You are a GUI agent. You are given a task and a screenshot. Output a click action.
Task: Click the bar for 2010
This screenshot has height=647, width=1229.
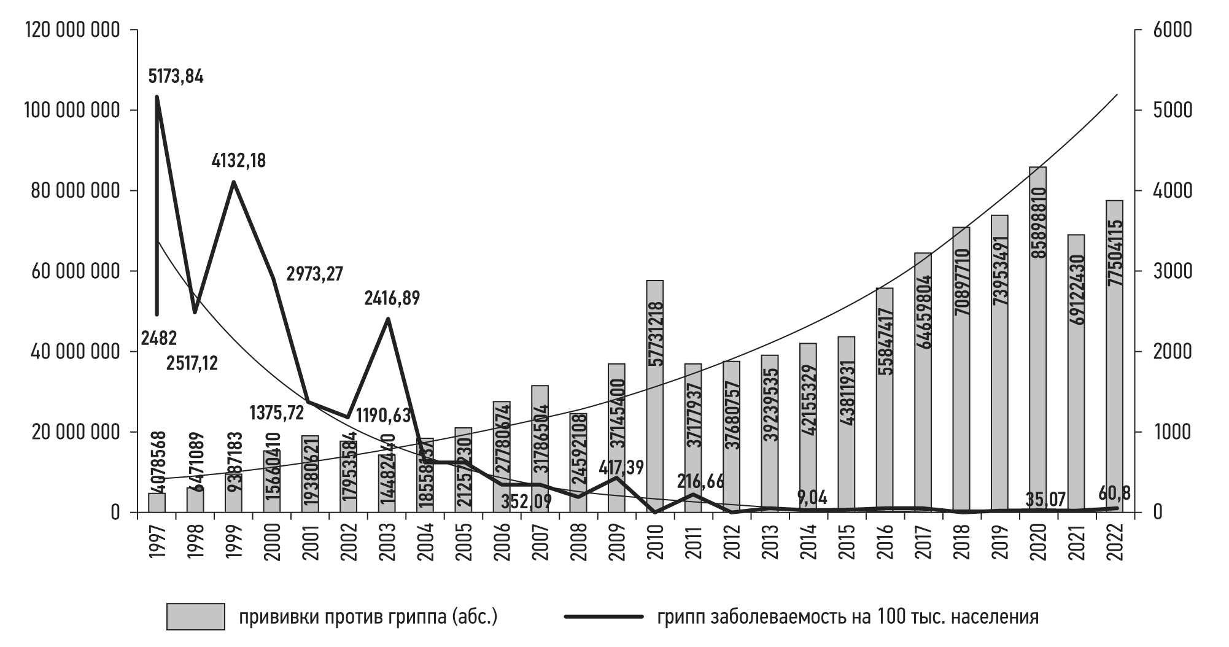[x=654, y=397]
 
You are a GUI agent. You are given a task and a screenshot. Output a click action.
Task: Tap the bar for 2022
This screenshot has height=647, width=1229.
[x=1114, y=356]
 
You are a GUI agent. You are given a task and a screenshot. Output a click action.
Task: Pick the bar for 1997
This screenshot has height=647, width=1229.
[x=157, y=502]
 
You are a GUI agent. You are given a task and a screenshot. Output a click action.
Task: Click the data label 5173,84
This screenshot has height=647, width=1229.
[x=176, y=77]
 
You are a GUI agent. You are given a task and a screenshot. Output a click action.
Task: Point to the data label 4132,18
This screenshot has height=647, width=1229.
[x=239, y=161]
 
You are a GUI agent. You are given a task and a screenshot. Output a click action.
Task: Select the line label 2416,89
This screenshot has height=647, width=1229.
[x=392, y=299]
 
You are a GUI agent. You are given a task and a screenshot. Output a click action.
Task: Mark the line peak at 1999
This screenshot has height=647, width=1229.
[x=233, y=182]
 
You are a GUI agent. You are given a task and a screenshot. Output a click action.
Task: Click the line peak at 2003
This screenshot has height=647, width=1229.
[x=387, y=319]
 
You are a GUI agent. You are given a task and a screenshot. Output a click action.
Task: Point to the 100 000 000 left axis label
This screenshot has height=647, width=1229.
[x=71, y=110]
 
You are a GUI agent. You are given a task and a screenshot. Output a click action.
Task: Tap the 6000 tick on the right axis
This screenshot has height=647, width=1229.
[x=1173, y=30]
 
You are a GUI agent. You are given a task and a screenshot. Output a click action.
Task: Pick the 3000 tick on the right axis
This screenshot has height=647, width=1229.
[x=1173, y=271]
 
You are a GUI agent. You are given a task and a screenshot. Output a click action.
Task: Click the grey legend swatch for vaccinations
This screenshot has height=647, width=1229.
[x=195, y=616]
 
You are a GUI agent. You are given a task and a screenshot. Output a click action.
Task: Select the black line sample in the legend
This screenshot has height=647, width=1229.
[x=603, y=616]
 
